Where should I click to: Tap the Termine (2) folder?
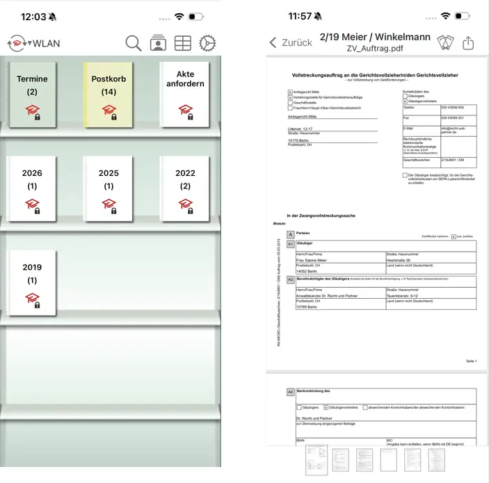(33, 94)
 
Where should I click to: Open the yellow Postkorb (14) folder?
(109, 94)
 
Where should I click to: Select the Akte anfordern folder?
(185, 94)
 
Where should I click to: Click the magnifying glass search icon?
(134, 43)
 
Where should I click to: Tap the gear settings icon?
(207, 43)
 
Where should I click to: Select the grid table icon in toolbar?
(182, 43)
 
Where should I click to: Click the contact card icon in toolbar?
(158, 43)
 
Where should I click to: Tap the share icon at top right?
(468, 43)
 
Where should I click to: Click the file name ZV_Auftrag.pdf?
(374, 49)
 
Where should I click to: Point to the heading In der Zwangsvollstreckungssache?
(321, 216)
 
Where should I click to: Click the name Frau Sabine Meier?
(314, 261)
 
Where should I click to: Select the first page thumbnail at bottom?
(316, 460)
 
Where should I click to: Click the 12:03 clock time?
(33, 16)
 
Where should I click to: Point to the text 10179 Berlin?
(301, 141)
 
